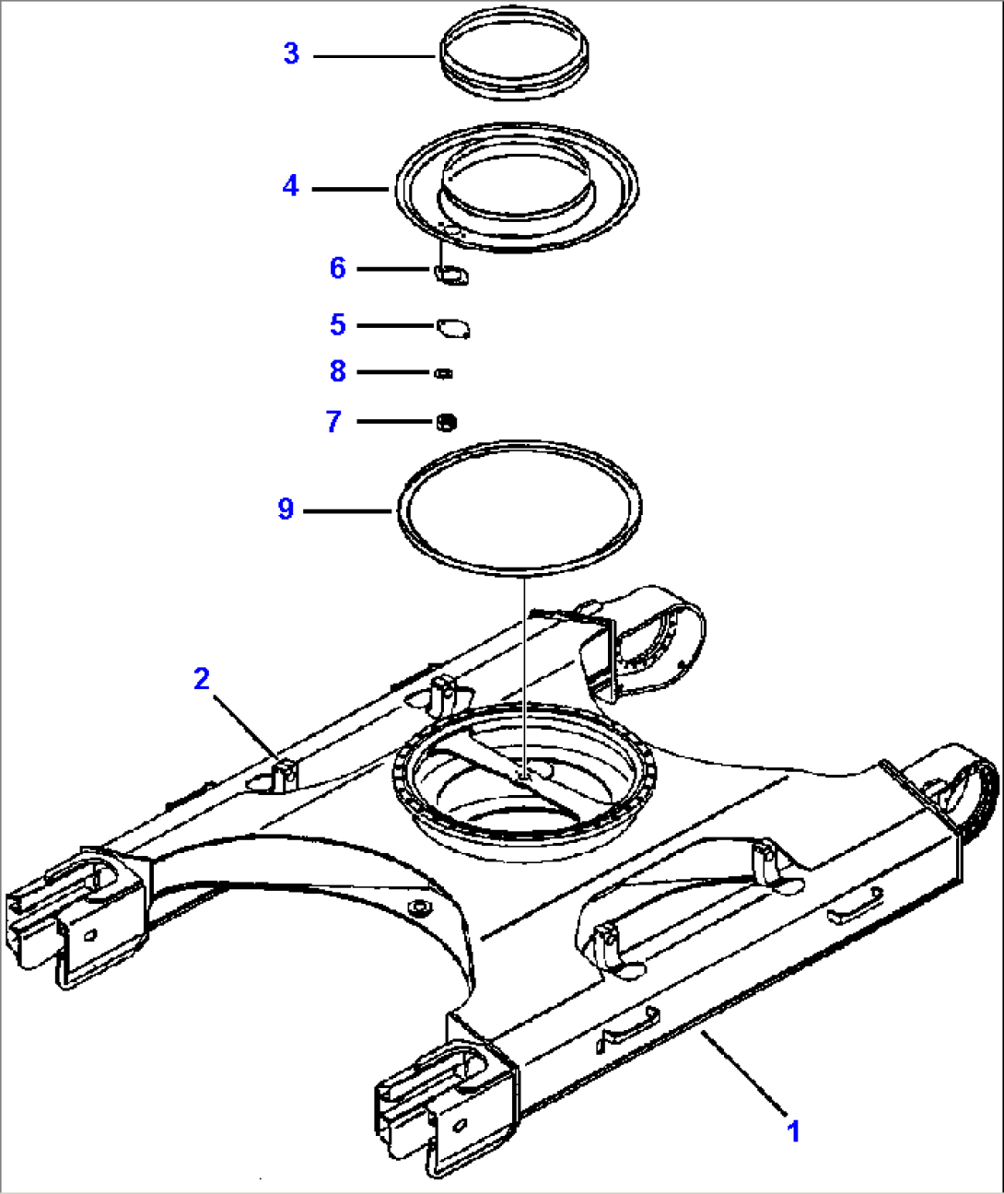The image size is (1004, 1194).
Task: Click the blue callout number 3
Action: click(292, 53)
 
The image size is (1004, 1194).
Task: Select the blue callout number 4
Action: click(291, 186)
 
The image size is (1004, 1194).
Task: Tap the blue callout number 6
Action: click(338, 268)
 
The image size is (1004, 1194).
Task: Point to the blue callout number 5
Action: click(338, 324)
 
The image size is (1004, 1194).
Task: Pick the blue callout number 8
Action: click(338, 371)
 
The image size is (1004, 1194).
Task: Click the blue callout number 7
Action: click(334, 421)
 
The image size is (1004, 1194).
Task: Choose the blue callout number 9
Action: click(286, 509)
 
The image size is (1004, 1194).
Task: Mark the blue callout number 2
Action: click(202, 679)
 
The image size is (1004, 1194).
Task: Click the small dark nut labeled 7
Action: click(447, 423)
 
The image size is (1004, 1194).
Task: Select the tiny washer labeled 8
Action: click(444, 373)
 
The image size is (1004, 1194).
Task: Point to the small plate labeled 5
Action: click(453, 329)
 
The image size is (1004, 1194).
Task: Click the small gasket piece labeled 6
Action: click(451, 275)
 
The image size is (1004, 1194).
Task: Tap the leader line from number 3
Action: click(375, 56)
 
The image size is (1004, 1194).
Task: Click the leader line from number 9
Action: click(351, 510)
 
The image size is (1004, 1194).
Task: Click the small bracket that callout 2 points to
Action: click(286, 773)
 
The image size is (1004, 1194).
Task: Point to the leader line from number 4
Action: click(351, 189)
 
